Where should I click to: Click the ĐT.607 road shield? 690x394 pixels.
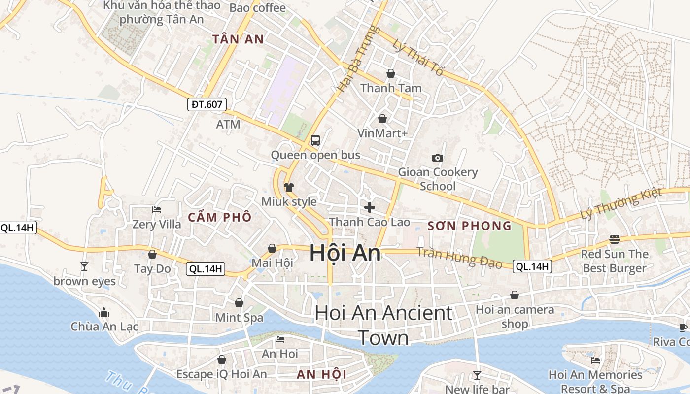coord(207,104)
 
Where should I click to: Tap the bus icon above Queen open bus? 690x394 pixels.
coord(315,140)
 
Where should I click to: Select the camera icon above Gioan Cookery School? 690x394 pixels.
coord(437,158)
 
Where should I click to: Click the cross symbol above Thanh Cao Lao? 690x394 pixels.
coord(369,207)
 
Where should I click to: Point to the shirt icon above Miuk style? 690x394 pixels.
coord(289,187)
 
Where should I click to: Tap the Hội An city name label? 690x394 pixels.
coord(345,253)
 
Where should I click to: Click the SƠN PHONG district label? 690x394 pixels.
coord(469,226)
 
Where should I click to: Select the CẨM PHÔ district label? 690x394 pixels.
coord(220,217)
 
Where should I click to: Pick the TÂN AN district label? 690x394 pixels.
coord(238,39)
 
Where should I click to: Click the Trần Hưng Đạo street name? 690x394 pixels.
coord(459,257)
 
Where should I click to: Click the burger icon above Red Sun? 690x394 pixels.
coord(614,239)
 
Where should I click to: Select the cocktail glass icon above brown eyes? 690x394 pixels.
coord(84,266)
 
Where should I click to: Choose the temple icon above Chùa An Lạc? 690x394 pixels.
coord(104,312)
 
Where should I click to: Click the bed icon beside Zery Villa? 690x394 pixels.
coord(157,210)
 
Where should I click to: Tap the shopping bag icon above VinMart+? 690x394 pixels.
coord(382,119)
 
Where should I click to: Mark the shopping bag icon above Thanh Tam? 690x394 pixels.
coord(391,73)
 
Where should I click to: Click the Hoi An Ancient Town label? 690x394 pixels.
coord(383,325)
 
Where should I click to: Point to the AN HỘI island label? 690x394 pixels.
coord(321,374)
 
